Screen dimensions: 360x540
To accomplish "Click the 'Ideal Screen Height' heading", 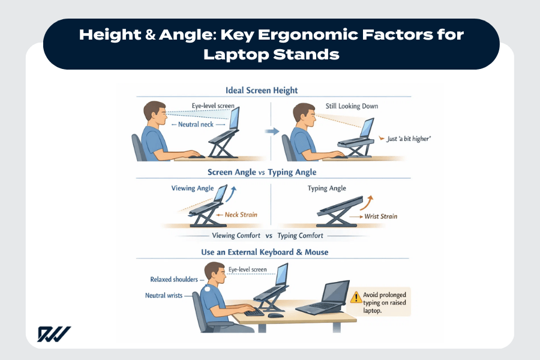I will point(262,91).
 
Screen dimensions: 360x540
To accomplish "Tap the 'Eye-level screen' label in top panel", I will point(213,106).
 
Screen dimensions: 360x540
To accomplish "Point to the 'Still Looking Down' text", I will point(352,106).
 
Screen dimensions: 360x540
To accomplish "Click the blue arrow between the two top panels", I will point(272,131).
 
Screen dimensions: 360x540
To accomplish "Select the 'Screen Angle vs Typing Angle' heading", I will point(262,172).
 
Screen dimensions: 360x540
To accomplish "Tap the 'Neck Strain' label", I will point(239,214).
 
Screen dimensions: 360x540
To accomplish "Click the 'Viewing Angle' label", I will point(192,188).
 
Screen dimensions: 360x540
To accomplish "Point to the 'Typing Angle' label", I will point(326,188).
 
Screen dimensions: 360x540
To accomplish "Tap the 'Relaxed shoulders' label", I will point(173,280).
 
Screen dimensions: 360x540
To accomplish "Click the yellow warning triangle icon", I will point(356,296).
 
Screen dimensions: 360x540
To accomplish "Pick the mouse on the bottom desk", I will point(275,315).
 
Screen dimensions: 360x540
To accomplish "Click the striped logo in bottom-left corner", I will point(54,334).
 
